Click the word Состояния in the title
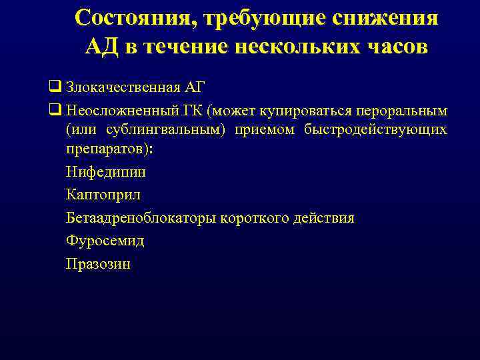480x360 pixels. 127,18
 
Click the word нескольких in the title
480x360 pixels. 294,47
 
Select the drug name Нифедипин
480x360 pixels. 106,172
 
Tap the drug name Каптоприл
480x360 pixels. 103,195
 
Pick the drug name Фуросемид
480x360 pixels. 105,241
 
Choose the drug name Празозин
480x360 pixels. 98,264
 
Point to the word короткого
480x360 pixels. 256,218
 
